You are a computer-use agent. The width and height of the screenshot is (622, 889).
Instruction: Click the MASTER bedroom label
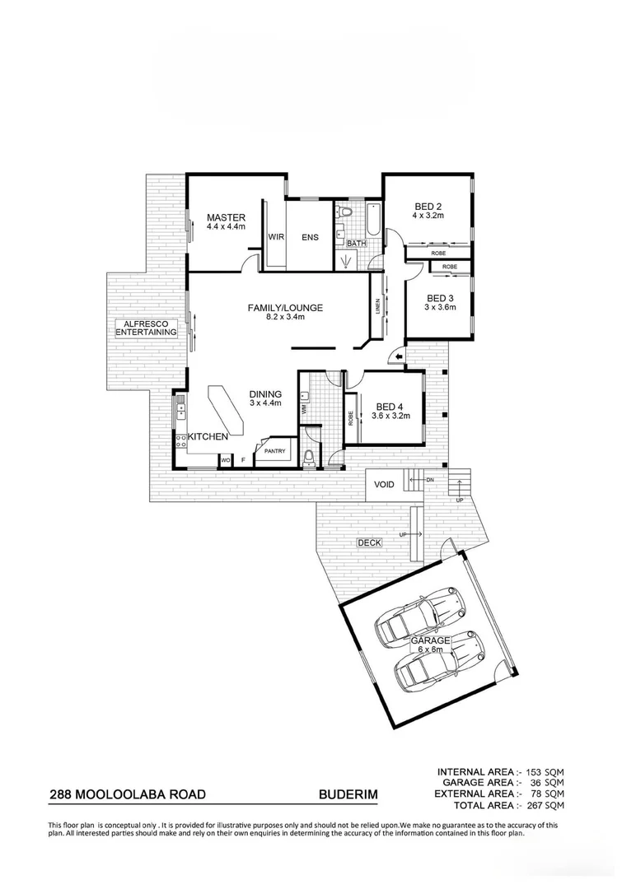coord(226,217)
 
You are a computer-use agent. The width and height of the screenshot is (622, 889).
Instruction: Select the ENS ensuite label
coord(310,237)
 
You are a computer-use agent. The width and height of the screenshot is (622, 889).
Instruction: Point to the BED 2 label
coord(428,207)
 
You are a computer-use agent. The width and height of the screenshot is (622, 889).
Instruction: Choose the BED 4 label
coord(389,406)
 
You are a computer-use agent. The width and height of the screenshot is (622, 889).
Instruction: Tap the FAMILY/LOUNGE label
coord(285,308)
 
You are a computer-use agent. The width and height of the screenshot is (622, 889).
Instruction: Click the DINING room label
coord(265,394)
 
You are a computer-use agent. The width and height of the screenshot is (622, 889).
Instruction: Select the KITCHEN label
coord(208,437)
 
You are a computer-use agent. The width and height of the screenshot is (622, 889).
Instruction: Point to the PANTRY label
coord(274,451)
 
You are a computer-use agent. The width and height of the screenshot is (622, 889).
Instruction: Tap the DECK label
coord(367,542)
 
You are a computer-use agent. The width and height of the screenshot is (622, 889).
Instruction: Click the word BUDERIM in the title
coord(347,795)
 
